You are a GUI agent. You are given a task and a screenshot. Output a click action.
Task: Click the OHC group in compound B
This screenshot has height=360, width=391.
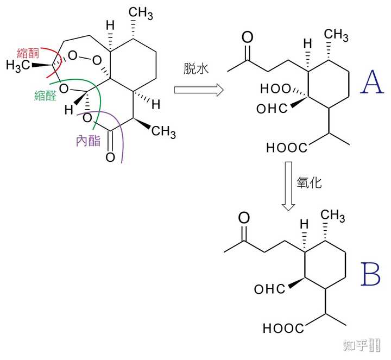click(268, 289)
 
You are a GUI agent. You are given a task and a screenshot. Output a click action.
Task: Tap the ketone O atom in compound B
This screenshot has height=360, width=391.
click(244, 218)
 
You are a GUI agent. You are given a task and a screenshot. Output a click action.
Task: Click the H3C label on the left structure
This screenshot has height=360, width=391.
click(17, 66)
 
